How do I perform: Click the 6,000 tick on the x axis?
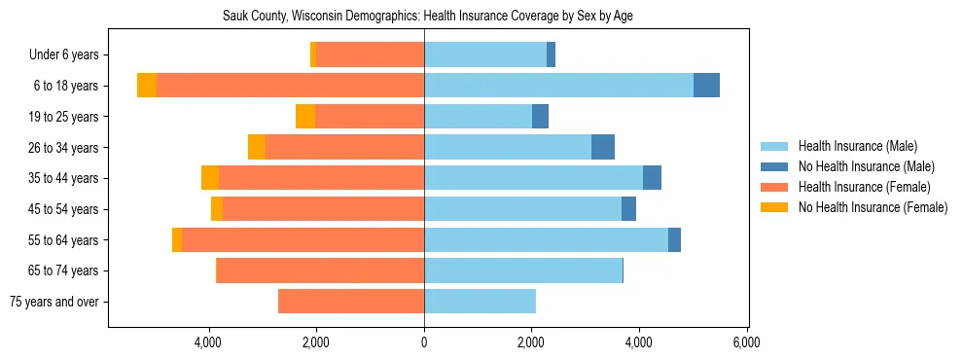click(746, 342)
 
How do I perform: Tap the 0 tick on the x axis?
click(424, 342)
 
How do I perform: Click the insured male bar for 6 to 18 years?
click(558, 86)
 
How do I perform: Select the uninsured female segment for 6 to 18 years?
click(147, 86)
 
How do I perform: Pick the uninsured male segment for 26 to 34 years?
click(603, 147)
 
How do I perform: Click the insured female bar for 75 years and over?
click(351, 302)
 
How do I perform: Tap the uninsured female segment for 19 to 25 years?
click(305, 117)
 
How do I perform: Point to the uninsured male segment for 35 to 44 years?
click(652, 178)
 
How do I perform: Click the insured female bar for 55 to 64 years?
click(303, 239)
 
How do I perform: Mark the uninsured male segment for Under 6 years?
click(551, 54)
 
